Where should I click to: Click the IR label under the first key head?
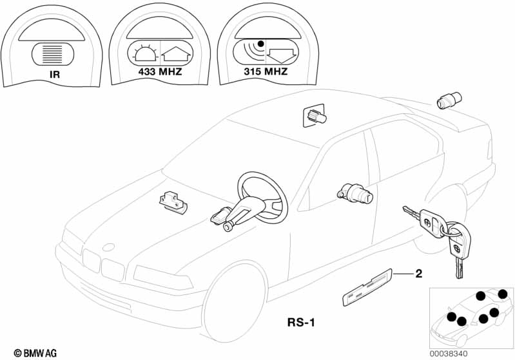55,75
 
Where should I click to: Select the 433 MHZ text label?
160,71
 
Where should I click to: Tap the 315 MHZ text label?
266,71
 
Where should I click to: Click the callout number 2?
418,273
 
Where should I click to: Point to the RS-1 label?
301,322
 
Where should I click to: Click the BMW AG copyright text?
35,353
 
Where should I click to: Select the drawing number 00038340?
449,354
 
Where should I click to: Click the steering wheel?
263,197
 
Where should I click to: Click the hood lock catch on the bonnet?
173,201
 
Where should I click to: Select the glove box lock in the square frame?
314,115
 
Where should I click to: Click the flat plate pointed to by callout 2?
367,287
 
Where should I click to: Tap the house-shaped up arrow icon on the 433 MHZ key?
176,54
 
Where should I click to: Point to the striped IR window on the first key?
53,54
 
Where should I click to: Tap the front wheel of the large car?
235,303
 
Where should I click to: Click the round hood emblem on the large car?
109,247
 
